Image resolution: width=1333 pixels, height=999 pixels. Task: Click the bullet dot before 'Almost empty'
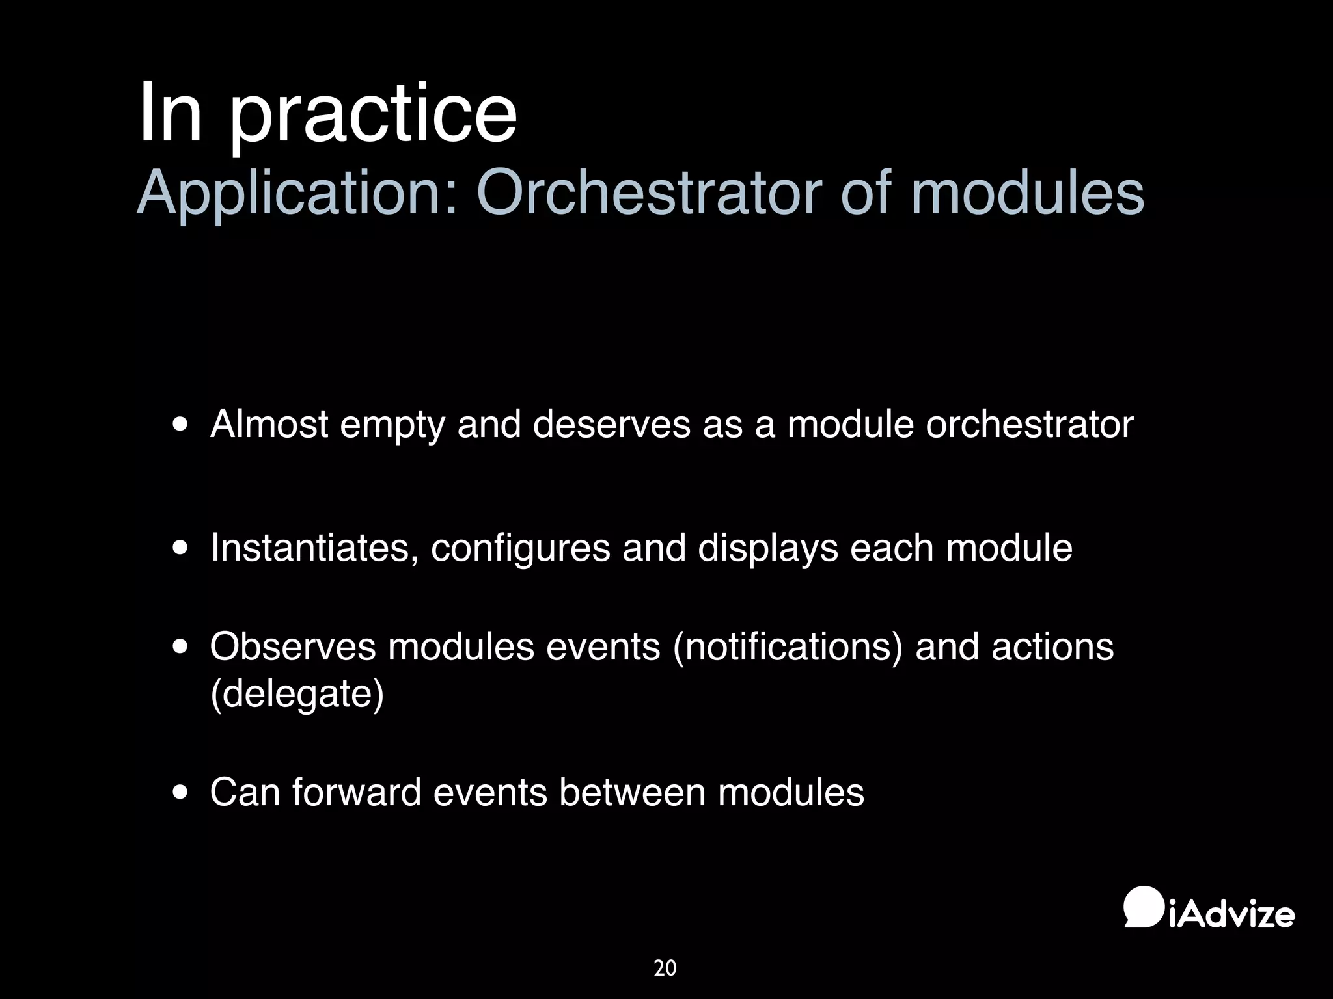(181, 425)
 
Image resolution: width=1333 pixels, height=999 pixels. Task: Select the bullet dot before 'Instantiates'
(181, 548)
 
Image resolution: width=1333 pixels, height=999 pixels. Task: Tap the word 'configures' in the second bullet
(520, 548)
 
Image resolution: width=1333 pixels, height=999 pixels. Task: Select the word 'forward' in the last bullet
(357, 793)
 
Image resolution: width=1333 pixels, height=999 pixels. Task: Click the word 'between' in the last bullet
(632, 793)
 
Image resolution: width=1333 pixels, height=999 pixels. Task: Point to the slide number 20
(665, 968)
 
